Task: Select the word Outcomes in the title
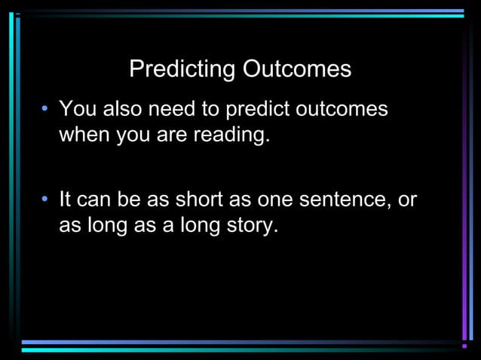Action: click(x=296, y=70)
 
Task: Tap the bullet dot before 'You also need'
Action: click(x=46, y=110)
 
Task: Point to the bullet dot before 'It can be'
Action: click(x=46, y=201)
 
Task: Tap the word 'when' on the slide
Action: click(x=84, y=136)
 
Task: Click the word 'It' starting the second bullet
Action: click(x=65, y=200)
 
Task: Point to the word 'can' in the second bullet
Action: click(x=94, y=201)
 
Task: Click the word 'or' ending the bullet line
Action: click(x=407, y=201)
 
